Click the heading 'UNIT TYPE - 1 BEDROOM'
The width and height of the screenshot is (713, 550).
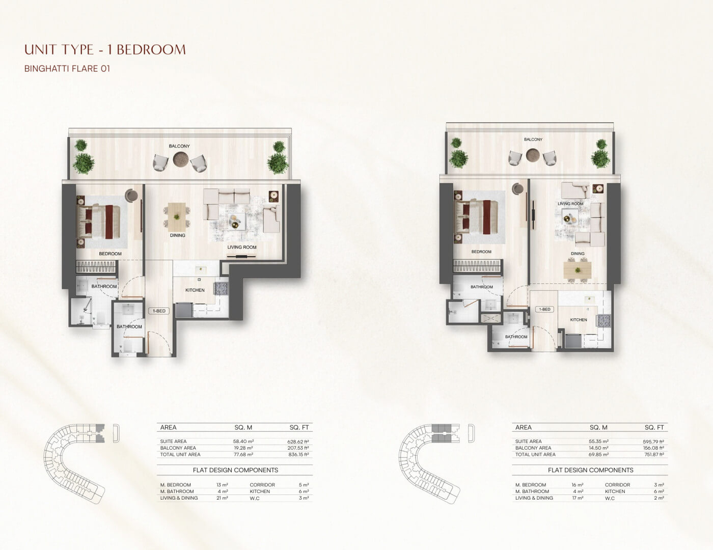pos(105,49)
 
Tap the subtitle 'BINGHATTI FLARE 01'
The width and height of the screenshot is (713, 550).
pos(67,69)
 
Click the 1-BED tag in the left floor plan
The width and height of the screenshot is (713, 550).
pos(159,311)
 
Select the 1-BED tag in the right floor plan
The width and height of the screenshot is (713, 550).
pos(544,309)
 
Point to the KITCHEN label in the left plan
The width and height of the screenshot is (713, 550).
pos(195,290)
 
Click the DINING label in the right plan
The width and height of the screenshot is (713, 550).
pos(578,254)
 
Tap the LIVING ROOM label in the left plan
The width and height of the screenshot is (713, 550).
pos(242,248)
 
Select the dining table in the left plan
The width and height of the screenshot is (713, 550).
pos(177,217)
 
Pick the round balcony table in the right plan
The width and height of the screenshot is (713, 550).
pos(533,155)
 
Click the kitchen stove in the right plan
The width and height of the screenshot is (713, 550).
pos(604,320)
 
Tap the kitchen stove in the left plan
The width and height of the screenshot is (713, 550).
pos(221,288)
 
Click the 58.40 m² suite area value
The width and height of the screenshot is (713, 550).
pos(243,442)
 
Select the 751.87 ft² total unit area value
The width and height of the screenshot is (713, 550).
pos(653,455)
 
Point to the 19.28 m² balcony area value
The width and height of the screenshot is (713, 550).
pos(243,448)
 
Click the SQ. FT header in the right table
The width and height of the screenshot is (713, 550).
pos(654,428)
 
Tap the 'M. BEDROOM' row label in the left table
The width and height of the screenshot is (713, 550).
pos(176,485)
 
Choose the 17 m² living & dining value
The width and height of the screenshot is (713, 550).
pos(578,498)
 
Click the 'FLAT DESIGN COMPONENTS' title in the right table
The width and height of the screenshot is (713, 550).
pos(591,470)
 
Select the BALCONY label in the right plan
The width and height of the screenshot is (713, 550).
pos(533,140)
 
